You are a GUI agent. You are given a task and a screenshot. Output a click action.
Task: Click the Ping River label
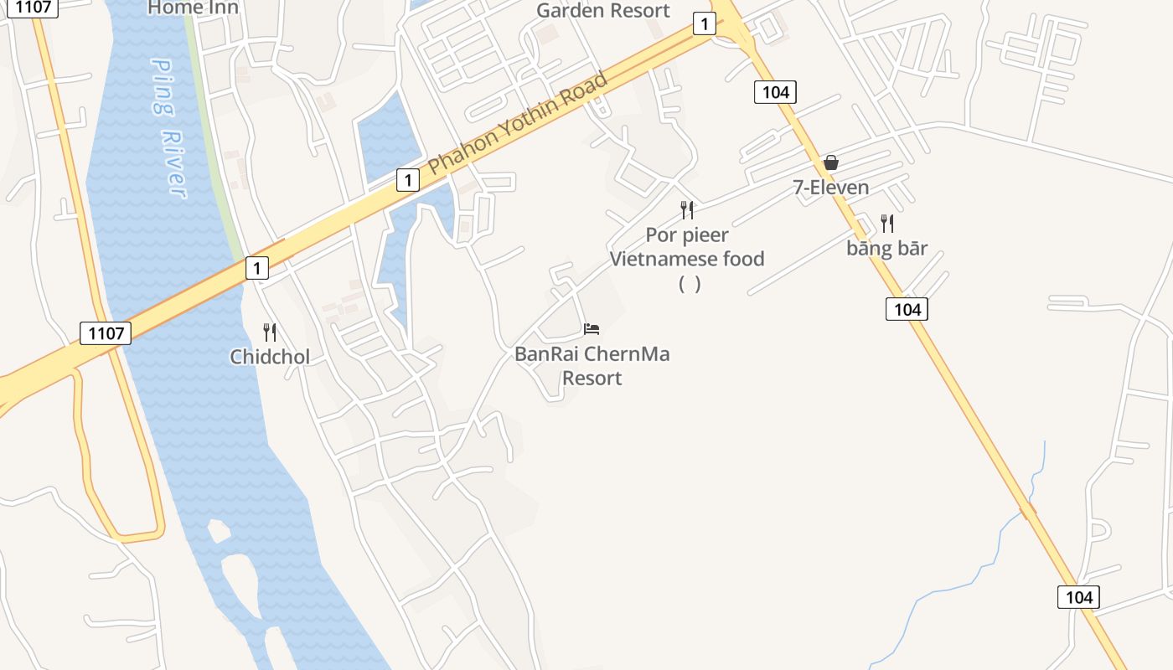pyautogui.click(x=170, y=128)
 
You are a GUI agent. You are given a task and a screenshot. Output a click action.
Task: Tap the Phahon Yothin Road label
pyautogui.click(x=518, y=125)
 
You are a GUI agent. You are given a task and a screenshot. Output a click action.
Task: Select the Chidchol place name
pyautogui.click(x=270, y=357)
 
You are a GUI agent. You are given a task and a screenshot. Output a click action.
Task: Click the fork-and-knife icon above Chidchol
pyautogui.click(x=270, y=332)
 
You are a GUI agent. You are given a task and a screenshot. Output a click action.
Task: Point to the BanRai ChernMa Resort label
pyautogui.click(x=592, y=366)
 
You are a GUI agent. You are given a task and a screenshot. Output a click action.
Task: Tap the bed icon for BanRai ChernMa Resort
pyautogui.click(x=592, y=328)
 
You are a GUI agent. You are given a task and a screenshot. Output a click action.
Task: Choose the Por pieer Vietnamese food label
pyautogui.click(x=687, y=247)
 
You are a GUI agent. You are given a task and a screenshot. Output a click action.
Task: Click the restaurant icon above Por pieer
pyautogui.click(x=687, y=209)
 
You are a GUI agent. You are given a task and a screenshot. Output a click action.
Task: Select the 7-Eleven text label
pyautogui.click(x=831, y=187)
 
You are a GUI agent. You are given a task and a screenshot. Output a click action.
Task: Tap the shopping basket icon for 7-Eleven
pyautogui.click(x=831, y=162)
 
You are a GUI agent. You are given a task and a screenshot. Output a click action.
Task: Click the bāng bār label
pyautogui.click(x=887, y=248)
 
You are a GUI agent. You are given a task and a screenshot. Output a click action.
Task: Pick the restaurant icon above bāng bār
pyautogui.click(x=887, y=224)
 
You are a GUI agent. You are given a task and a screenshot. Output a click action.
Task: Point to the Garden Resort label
pyautogui.click(x=603, y=11)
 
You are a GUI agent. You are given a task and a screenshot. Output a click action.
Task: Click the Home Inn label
pyautogui.click(x=193, y=8)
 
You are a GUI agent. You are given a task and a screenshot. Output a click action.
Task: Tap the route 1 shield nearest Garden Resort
pyautogui.click(x=705, y=24)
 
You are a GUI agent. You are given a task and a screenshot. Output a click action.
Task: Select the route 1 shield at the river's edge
pyautogui.click(x=257, y=268)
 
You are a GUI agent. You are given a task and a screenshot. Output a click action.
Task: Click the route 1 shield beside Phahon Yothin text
pyautogui.click(x=408, y=179)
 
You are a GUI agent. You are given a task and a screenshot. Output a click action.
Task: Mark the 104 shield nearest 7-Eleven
pyautogui.click(x=775, y=92)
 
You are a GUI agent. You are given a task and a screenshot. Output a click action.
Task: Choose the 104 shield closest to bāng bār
pyautogui.click(x=907, y=310)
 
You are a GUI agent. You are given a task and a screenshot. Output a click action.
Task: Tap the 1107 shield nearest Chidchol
pyautogui.click(x=106, y=333)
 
